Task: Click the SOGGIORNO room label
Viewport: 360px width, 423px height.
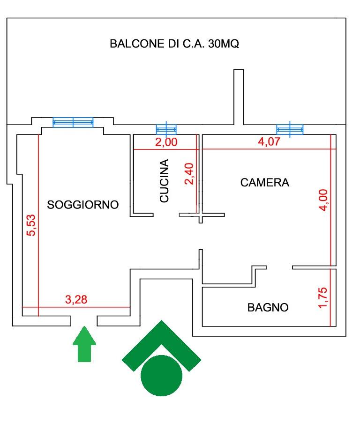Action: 83,205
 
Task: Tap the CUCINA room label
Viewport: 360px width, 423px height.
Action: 165,181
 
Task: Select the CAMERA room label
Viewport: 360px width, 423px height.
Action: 265,183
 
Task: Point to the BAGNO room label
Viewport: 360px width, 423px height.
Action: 268,307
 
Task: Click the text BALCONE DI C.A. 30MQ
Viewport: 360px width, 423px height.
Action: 174,44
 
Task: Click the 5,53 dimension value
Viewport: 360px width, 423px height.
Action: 31,225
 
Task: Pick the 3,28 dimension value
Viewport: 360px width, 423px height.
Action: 76,299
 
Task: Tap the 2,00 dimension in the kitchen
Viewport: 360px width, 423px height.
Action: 166,142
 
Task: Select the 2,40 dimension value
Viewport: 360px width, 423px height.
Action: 189,174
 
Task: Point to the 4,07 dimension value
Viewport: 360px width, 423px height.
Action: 269,141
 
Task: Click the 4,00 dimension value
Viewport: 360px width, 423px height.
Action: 323,200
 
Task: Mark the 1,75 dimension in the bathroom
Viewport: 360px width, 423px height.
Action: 323,297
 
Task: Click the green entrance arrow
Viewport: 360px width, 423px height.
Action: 84,344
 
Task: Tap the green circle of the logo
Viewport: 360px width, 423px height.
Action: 161,376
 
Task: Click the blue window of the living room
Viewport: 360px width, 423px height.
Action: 73,122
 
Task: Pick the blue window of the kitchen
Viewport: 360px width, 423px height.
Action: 166,129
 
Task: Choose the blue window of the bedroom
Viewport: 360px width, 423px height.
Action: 290,129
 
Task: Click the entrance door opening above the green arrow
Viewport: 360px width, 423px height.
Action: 84,321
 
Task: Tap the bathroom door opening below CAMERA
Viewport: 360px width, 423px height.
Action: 279,267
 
